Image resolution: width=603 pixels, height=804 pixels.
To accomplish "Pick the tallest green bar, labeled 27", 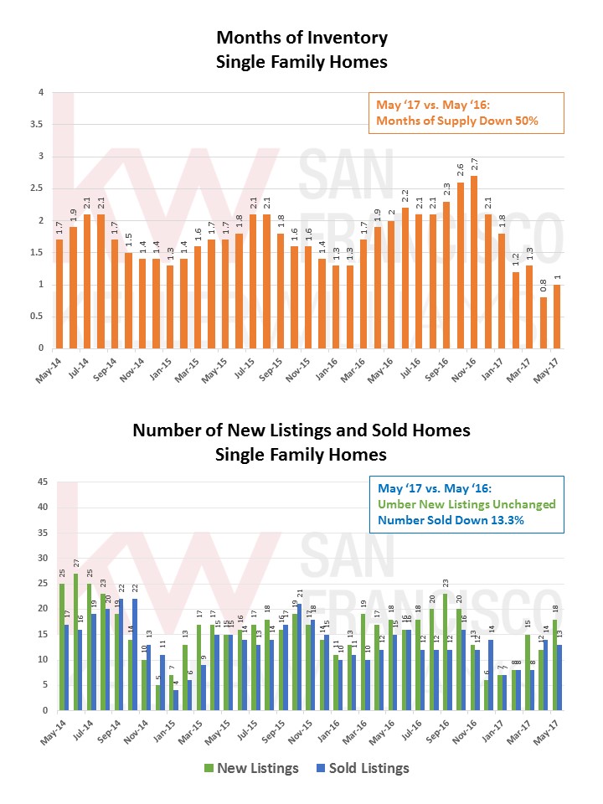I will [76, 642].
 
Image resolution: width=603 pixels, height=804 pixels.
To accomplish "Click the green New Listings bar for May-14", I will [62, 647].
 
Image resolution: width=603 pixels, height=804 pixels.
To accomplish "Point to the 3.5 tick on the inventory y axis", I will [39, 125].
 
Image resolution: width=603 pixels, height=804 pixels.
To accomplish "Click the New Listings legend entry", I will [250, 768].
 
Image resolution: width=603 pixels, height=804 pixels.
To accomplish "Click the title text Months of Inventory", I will [301, 38].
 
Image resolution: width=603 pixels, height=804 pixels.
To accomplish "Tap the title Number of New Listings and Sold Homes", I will [301, 430].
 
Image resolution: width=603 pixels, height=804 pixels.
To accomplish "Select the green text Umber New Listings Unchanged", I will [466, 504].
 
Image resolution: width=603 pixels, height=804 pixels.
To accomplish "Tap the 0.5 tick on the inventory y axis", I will [39, 317].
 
